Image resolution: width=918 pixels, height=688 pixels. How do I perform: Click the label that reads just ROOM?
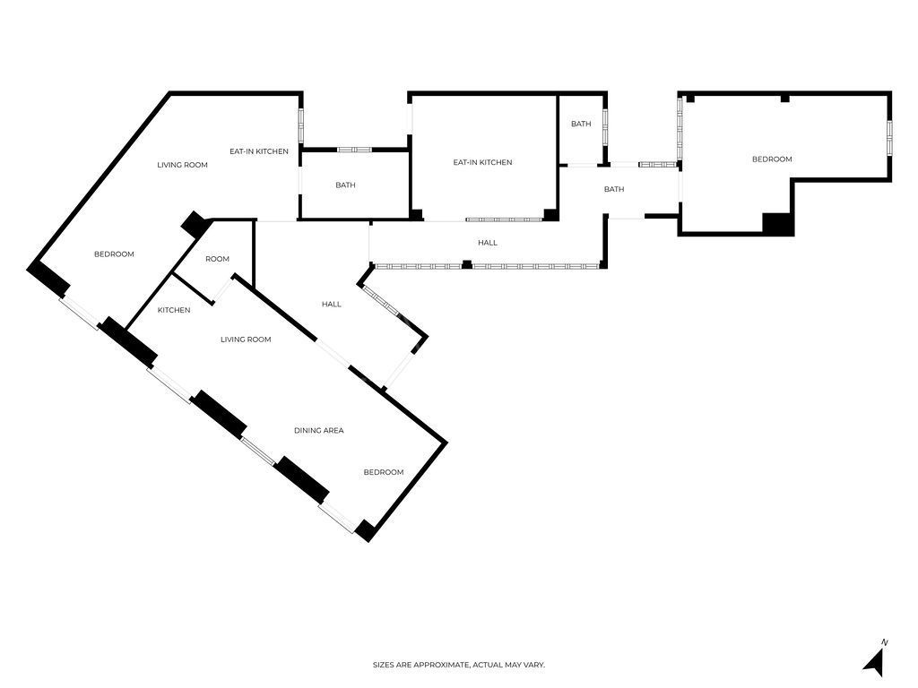point(217,259)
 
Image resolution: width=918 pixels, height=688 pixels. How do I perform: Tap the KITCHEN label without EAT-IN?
point(174,310)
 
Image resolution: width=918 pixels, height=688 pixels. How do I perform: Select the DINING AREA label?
point(319,431)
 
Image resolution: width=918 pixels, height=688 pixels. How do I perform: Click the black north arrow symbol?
point(875,663)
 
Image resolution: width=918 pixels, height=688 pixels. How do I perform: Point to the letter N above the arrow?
point(885,642)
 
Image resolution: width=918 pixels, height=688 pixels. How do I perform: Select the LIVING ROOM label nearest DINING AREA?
point(246,340)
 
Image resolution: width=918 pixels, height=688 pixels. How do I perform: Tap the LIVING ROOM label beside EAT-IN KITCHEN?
point(182,165)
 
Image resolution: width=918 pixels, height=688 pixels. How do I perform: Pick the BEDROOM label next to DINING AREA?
point(383,472)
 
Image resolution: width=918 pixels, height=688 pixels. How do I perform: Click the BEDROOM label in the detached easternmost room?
point(772,159)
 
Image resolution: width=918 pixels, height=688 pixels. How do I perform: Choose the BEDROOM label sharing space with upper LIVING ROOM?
point(114,254)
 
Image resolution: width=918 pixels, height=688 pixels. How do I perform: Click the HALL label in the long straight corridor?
point(487,243)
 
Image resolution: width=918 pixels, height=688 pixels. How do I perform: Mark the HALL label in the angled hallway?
point(332,305)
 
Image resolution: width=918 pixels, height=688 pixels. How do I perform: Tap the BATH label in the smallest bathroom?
point(581,124)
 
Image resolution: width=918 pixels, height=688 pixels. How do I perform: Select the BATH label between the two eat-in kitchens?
point(345,185)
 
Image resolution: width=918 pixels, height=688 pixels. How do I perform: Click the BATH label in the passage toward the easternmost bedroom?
point(614,189)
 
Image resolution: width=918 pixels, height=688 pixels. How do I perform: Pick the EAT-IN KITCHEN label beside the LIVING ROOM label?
point(259,151)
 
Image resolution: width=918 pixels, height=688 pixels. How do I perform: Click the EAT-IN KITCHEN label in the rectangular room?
point(482,162)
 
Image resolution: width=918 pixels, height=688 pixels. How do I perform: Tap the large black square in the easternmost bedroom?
point(777,224)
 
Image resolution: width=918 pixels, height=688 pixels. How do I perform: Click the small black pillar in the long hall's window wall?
point(466,264)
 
